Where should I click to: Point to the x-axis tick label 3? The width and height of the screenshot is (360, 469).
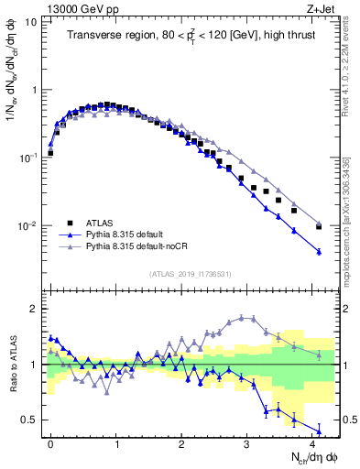[247, 442]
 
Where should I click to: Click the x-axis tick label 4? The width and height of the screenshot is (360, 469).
[312, 442]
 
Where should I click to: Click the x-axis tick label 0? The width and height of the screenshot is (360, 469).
[50, 442]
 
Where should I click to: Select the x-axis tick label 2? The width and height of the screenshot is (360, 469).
[181, 442]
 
